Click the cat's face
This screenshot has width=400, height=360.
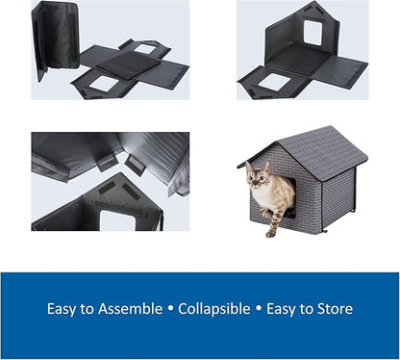point(258,179)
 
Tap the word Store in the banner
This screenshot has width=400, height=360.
point(335,309)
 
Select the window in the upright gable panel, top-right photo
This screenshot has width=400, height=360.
point(312,32)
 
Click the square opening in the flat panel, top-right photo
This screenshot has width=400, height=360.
point(274,82)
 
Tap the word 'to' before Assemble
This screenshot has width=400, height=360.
point(91,309)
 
